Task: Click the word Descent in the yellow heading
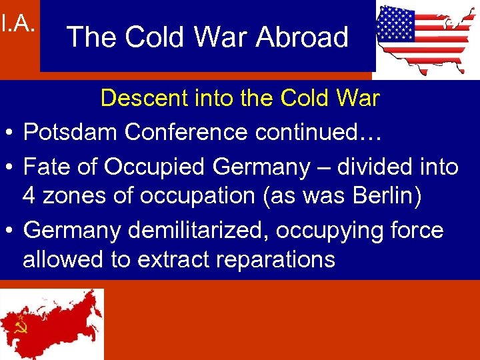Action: (139, 99)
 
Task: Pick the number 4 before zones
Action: (29, 196)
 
